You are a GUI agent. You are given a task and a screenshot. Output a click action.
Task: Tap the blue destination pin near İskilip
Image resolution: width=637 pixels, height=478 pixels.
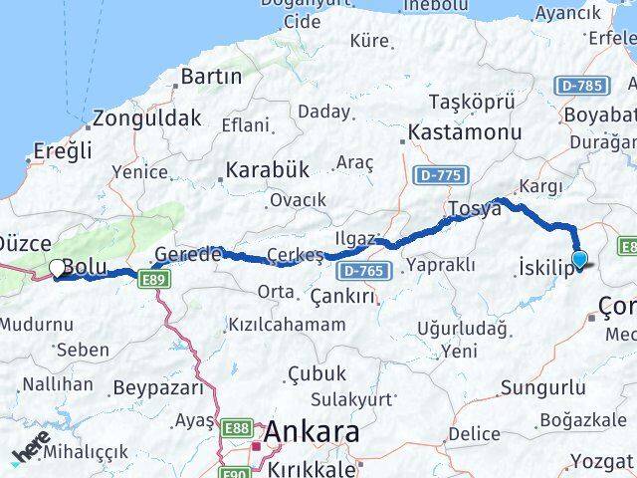(579, 260)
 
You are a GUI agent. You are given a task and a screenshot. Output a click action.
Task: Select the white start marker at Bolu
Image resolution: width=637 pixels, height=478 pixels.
(57, 268)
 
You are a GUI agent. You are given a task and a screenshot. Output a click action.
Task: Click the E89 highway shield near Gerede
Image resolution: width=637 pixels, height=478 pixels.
(152, 282)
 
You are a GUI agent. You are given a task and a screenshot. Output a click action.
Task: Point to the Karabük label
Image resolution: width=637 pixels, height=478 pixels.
(268, 169)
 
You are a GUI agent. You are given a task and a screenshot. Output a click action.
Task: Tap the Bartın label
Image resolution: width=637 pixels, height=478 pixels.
(211, 76)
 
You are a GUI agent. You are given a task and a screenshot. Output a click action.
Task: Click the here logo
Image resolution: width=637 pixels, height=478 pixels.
(32, 453)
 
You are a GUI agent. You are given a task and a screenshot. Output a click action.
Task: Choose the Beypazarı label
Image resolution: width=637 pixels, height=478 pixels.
(154, 386)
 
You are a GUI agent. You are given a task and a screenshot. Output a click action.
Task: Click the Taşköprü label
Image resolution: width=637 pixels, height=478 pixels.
(471, 102)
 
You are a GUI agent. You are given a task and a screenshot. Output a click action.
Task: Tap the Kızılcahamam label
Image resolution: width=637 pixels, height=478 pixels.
(288, 325)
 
